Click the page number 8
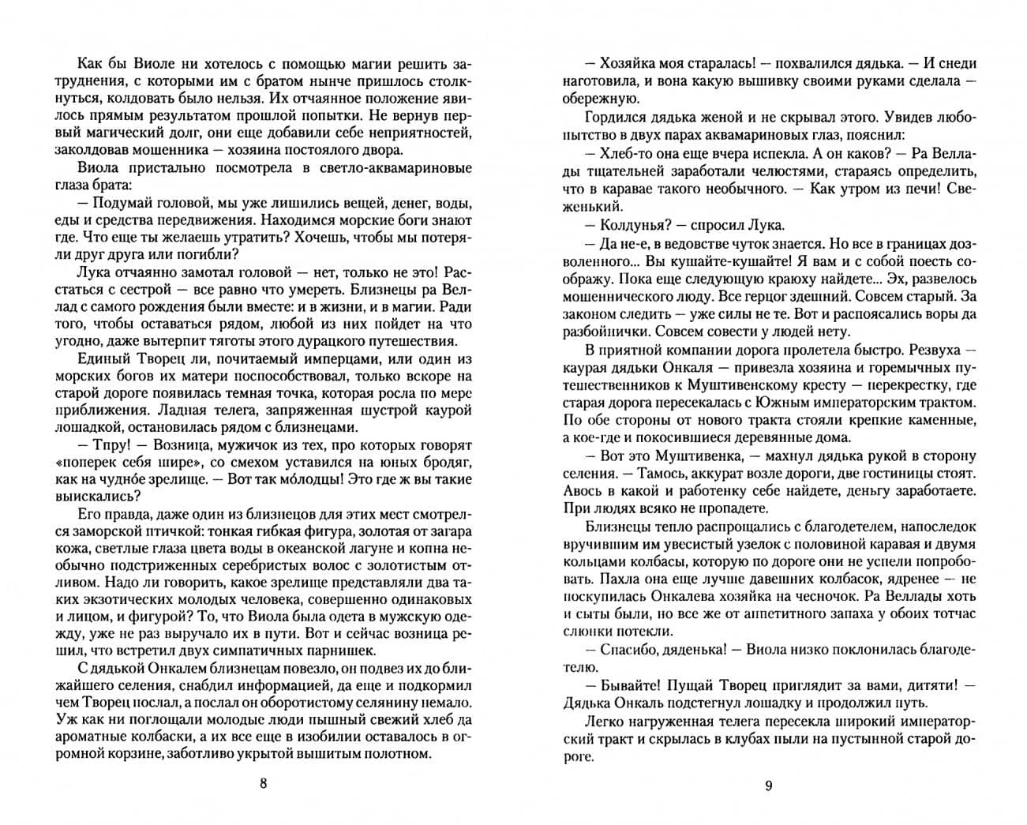click(264, 784)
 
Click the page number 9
click(768, 785)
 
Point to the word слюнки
click(591, 631)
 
